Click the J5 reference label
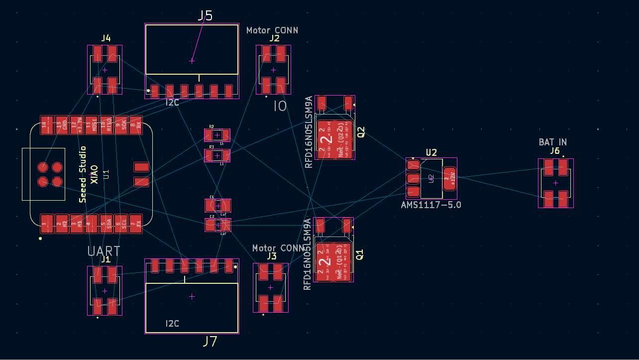(205, 16)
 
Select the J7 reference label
(210, 342)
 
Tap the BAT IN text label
(552, 142)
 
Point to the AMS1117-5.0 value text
(431, 205)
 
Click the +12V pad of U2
(450, 177)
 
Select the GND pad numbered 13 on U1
(62, 125)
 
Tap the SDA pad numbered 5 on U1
(106, 224)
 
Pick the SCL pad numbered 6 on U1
(121, 224)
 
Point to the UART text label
(104, 251)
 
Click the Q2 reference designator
(361, 132)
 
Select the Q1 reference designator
(360, 254)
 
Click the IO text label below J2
(280, 106)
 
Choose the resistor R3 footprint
(217, 155)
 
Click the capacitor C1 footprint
(217, 205)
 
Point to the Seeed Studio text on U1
(83, 174)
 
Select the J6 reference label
(555, 151)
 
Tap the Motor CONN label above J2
(272, 30)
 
